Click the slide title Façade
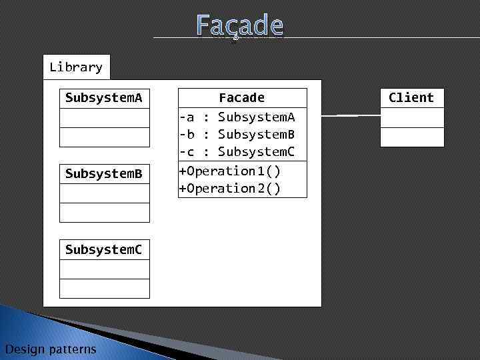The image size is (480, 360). (240, 26)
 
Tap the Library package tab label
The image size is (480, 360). (76, 67)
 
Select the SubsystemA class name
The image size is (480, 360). (104, 98)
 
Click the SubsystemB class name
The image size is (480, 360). (104, 174)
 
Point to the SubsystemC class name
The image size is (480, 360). (104, 250)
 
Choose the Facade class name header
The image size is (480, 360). (242, 98)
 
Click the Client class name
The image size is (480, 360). (411, 98)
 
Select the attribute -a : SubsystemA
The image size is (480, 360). (237, 117)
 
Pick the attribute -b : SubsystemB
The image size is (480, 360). (237, 135)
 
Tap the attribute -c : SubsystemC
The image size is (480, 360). (237, 152)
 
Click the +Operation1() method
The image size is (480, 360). (230, 171)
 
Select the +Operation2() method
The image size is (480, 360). (230, 189)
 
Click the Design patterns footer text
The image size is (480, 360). (50, 349)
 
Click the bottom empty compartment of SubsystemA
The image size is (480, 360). (105, 137)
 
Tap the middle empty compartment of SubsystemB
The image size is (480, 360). (105, 193)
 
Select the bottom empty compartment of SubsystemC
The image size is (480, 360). (105, 289)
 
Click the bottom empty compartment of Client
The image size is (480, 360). (412, 137)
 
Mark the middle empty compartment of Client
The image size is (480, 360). (412, 117)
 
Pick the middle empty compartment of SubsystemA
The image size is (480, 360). (105, 118)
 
